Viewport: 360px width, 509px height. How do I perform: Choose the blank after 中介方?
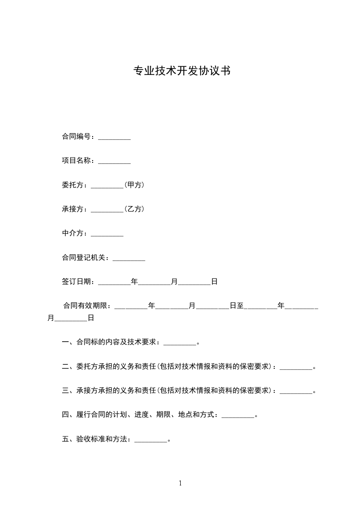coord(107,234)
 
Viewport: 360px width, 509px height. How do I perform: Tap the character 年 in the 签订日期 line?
coord(134,282)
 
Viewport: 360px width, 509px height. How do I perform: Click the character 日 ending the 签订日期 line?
coord(214,282)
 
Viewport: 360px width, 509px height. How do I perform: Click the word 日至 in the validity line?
coord(237,306)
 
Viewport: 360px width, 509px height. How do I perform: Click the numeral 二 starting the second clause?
coord(65,367)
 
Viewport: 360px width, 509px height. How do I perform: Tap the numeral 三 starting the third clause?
coord(65,391)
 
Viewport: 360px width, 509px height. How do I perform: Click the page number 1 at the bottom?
coord(180,483)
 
